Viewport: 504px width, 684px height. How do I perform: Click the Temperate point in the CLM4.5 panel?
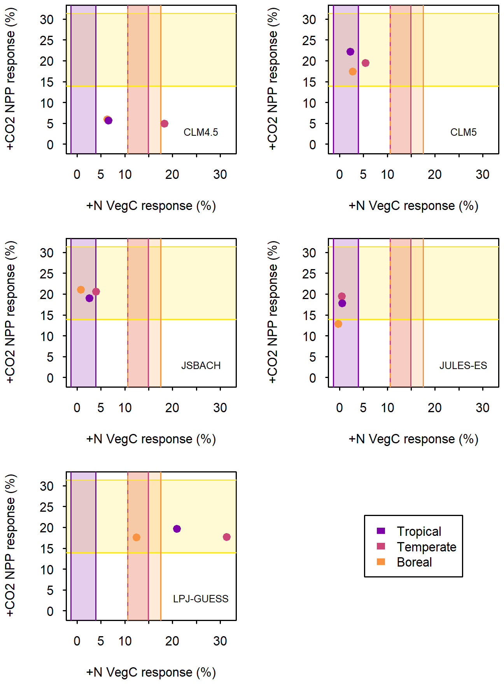[164, 124]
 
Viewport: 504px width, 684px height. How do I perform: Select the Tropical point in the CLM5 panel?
[350, 52]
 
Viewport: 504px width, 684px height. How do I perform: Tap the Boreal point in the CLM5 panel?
[353, 72]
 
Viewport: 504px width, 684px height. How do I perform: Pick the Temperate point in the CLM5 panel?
[366, 63]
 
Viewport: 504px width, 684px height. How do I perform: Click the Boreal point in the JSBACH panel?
[81, 290]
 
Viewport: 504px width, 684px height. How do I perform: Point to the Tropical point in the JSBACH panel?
[89, 298]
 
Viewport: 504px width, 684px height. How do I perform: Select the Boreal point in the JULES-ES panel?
[338, 324]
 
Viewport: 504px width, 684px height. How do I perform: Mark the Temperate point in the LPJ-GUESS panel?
[227, 537]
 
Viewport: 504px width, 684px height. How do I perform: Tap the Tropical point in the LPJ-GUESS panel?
[177, 529]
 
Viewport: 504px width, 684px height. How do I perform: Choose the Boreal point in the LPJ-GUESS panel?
[136, 537]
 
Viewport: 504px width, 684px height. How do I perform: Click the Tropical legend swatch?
[381, 531]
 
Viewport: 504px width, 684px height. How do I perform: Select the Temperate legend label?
[427, 547]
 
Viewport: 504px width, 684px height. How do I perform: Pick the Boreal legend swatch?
[381, 562]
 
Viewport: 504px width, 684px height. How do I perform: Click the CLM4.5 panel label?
[201, 132]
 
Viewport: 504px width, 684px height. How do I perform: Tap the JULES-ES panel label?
[463, 366]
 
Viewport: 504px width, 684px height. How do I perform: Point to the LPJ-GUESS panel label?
[201, 599]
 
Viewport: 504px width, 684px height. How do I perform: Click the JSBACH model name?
[201, 366]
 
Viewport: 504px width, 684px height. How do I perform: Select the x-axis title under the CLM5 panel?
[413, 206]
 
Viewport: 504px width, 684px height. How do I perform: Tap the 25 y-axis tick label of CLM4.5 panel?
[47, 40]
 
